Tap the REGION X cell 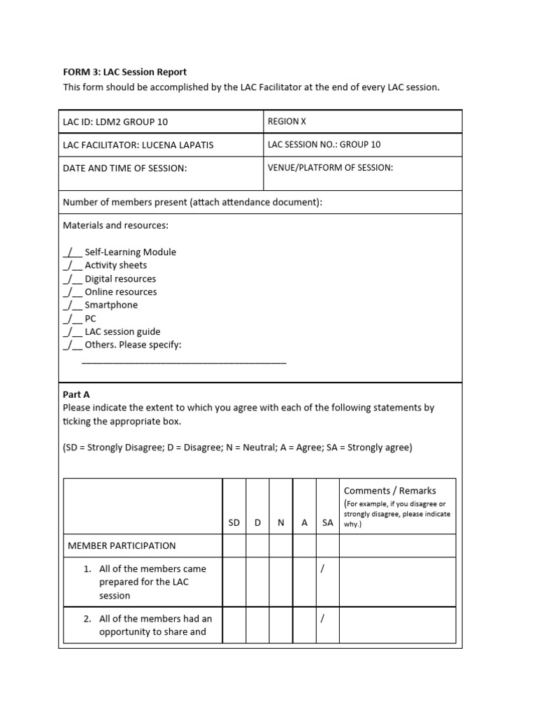point(287,121)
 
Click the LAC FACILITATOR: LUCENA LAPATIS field point(138,145)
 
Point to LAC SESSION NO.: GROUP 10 point(324,145)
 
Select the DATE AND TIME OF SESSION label point(125,168)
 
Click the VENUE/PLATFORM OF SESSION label point(330,167)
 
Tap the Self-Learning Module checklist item point(130,252)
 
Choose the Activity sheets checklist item point(115,265)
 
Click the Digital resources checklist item point(120,278)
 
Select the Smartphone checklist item point(111,305)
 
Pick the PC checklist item point(90,318)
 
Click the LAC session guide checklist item point(122,331)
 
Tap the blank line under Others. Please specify point(184,361)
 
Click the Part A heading point(76,394)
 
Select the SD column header point(234,523)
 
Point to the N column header point(280,523)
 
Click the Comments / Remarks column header point(389,491)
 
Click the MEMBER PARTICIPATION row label point(121,545)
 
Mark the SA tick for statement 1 point(322,568)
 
